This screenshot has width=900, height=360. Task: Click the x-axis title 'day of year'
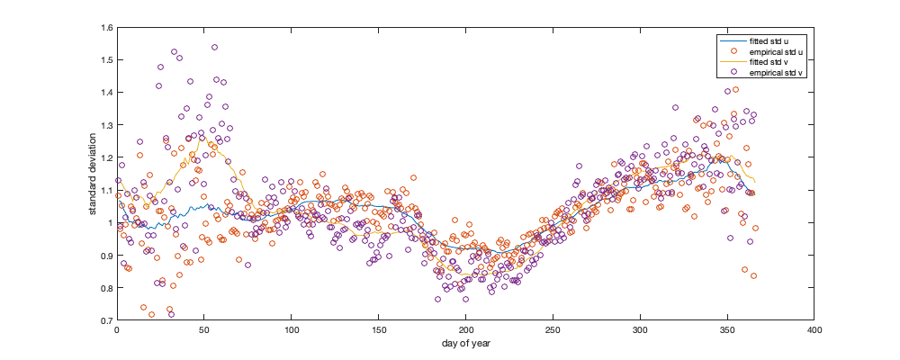pos(465,344)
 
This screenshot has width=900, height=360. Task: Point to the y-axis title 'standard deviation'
pos(93,174)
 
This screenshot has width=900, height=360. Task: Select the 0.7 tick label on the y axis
pos(105,320)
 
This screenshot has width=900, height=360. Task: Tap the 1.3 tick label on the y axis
pos(105,125)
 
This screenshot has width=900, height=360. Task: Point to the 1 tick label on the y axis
pos(109,222)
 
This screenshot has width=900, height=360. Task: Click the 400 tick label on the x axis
pos(814,331)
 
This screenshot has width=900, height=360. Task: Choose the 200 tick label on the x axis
pos(465,331)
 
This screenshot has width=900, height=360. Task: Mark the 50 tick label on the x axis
pos(203,331)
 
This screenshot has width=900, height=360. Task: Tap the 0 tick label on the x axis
pos(117,331)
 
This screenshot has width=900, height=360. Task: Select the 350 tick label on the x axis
pos(727,331)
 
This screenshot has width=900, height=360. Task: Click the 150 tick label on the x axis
pos(378,331)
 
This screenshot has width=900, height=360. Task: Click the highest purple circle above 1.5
pos(214,47)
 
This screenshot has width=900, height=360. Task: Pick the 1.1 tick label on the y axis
pos(105,190)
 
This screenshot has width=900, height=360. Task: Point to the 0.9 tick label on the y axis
pos(105,256)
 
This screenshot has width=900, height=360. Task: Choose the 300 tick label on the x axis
pos(640,331)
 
